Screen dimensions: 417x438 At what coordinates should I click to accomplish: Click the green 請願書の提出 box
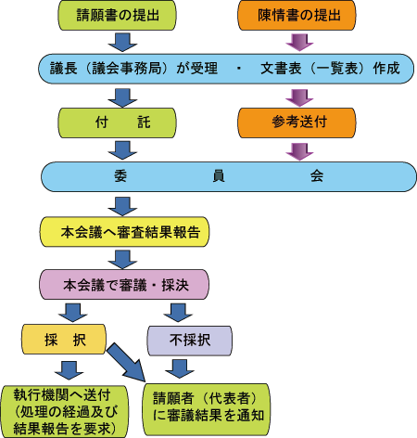coord(117,16)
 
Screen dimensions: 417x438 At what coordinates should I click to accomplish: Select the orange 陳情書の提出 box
coord(297,16)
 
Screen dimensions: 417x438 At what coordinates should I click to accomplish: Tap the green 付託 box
coord(117,122)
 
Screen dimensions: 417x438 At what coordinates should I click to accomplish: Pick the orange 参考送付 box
coord(297,122)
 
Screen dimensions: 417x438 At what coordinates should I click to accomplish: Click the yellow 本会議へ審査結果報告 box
coord(124,232)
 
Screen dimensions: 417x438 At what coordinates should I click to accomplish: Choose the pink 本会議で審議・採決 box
coord(124,284)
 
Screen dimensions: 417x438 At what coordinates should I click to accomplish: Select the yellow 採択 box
coord(64,339)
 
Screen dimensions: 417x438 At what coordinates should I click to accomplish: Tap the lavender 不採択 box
coord(189,341)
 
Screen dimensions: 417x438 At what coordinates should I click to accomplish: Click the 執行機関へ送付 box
coord(64,412)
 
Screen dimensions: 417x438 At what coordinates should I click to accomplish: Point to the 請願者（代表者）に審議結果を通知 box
coord(206,409)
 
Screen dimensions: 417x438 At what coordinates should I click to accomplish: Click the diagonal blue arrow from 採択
coord(127,363)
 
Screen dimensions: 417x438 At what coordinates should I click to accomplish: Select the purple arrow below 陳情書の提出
coord(299,43)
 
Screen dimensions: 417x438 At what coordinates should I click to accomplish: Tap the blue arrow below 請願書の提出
coord(122,43)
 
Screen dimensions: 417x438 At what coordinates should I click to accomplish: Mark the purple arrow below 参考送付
coord(299,152)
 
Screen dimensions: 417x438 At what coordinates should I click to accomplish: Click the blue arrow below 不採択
coord(180,368)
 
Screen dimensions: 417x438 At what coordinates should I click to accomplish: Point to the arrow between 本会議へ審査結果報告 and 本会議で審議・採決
coord(122,260)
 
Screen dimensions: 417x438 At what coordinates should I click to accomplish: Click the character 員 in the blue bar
coord(219,176)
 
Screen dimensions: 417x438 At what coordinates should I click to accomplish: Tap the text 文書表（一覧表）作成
coord(330,69)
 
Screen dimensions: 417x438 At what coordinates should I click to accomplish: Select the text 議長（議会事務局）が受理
coord(133,69)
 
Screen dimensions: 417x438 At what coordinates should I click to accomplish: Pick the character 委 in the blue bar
coord(120,176)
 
